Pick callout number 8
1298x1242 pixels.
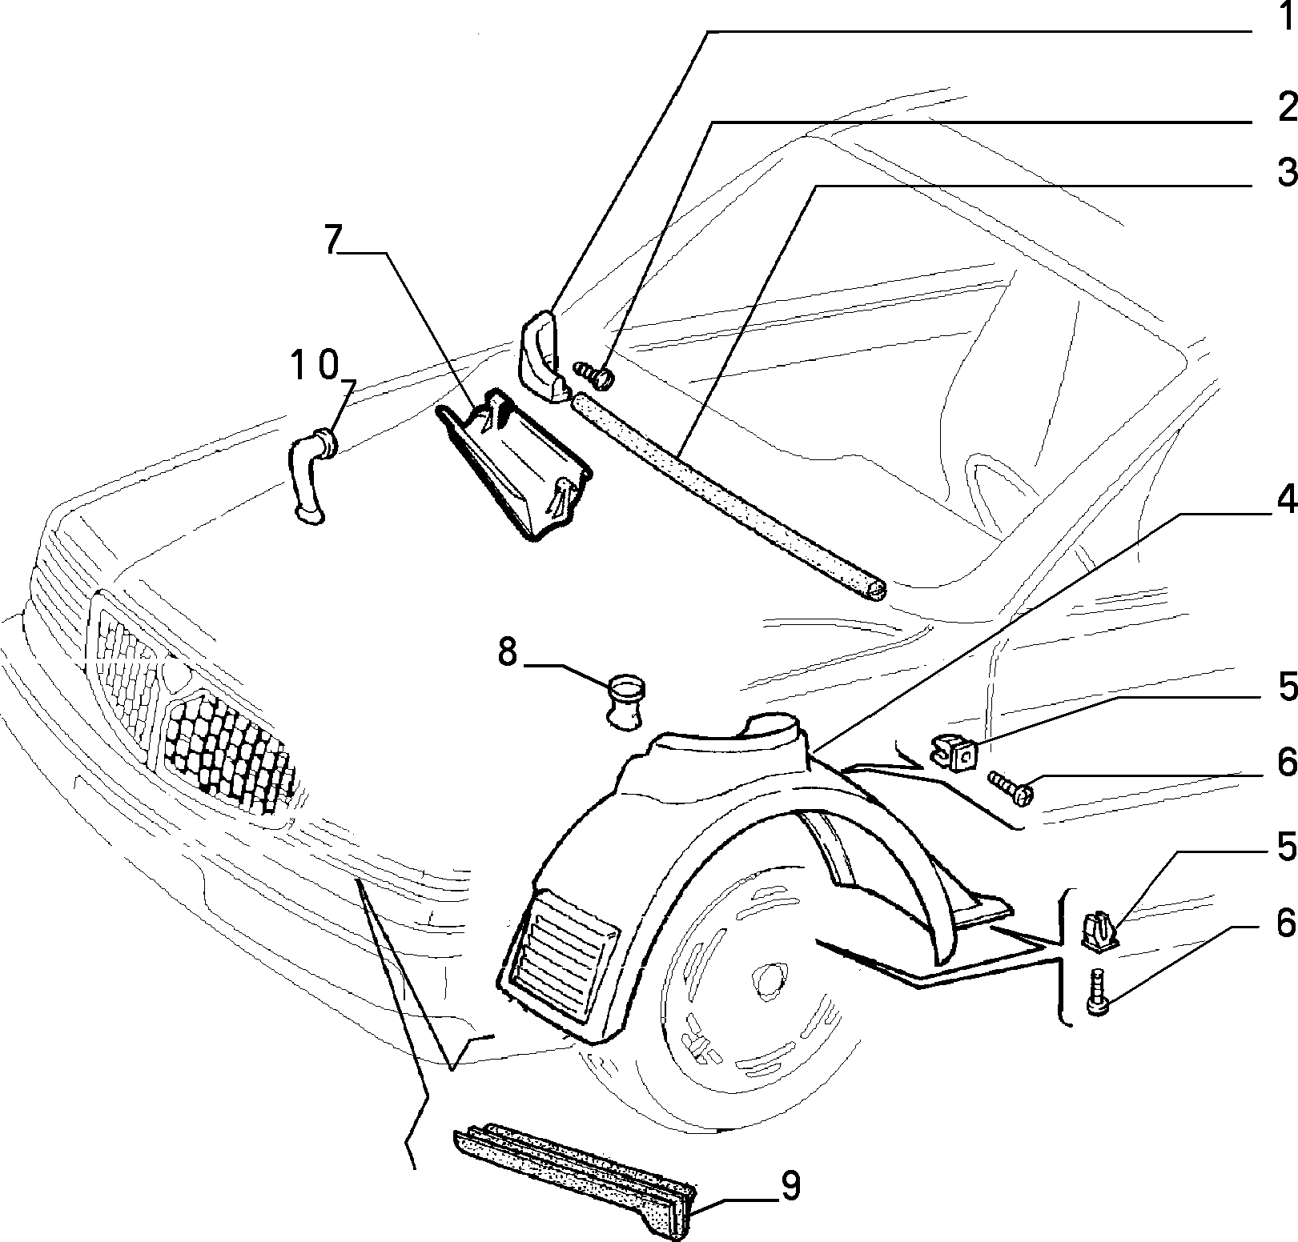pyautogui.click(x=508, y=652)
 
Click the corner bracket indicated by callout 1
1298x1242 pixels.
pyautogui.click(x=543, y=355)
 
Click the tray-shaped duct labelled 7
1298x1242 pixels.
pyautogui.click(x=512, y=464)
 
